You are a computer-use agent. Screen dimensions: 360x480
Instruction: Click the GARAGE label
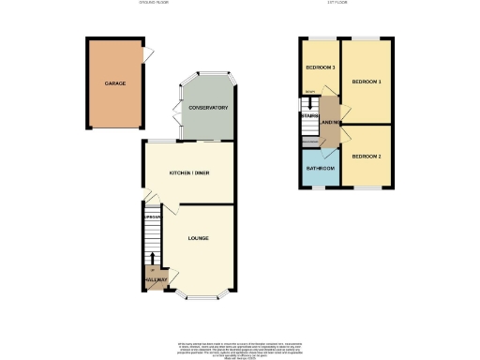pos(115,83)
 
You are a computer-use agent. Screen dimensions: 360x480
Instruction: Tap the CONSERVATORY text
pos(208,108)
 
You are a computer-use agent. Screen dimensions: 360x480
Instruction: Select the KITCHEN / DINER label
pos(188,173)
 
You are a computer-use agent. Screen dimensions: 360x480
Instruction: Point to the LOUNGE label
pos(198,238)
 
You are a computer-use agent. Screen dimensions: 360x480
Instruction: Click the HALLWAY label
pos(156,279)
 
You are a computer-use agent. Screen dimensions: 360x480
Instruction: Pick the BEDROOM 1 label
pos(367,82)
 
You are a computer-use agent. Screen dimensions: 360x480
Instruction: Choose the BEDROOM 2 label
pos(366,156)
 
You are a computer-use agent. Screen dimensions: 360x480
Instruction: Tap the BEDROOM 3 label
pos(321,68)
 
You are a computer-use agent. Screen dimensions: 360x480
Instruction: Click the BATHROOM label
pos(319,168)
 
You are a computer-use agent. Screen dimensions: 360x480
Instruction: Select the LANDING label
pos(330,122)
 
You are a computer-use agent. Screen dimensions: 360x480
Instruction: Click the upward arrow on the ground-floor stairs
pos(152,257)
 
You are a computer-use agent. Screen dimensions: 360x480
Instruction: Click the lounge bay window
pos(198,297)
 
